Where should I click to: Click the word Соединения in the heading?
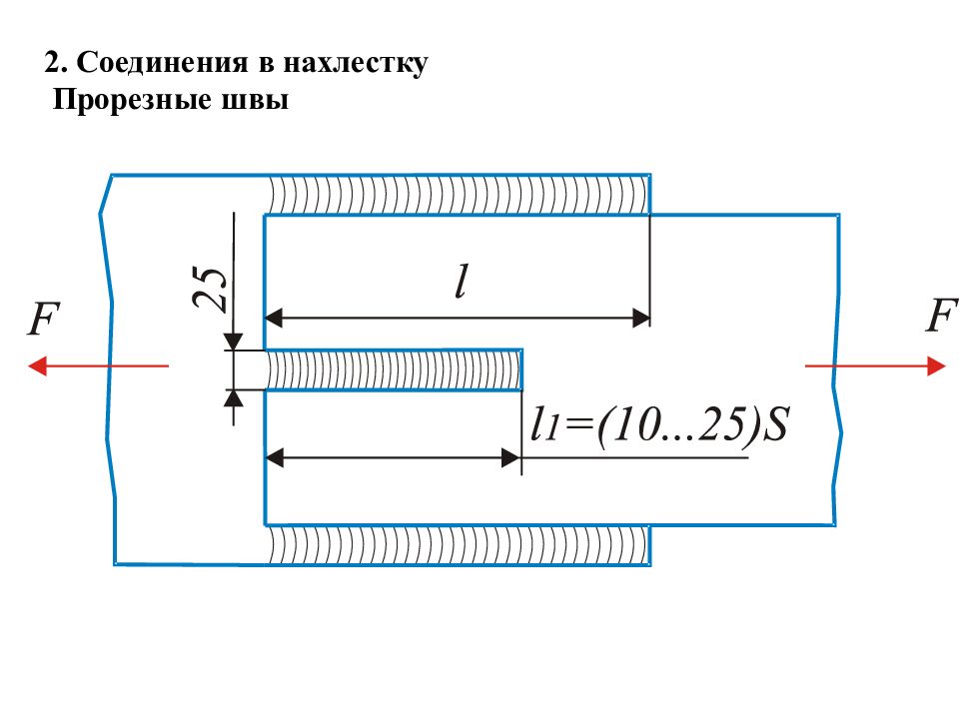point(162,63)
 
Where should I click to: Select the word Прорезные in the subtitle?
point(132,100)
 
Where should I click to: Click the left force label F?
point(43,319)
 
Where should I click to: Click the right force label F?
point(941,316)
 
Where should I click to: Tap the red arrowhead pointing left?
point(37,366)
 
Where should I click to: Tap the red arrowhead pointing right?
point(937,366)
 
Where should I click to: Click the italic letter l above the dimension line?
point(462,282)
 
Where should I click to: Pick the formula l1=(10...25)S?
point(660,424)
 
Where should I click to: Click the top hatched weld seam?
point(459,195)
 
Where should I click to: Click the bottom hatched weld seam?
point(459,545)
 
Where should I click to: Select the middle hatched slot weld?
point(394,369)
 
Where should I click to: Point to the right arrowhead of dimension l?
point(641,318)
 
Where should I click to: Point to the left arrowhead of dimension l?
point(274,318)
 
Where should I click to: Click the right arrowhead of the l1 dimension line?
point(511,457)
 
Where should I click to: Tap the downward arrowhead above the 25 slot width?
point(234,342)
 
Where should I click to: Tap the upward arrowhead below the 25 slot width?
point(234,398)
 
